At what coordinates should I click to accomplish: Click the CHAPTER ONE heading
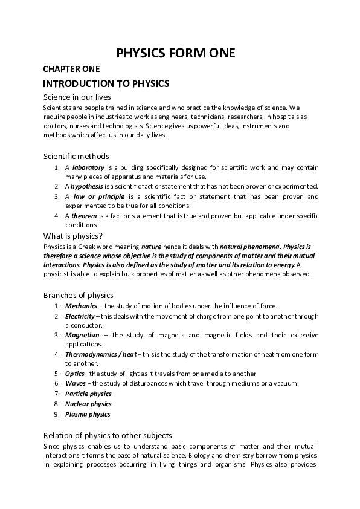coord(71,70)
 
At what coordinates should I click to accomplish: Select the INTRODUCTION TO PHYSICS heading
coord(106,83)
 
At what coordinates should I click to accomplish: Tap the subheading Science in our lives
coord(76,97)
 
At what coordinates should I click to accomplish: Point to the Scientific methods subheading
coord(76,156)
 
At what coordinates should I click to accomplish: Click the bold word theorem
coord(84,215)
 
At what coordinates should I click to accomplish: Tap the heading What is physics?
coord(73,235)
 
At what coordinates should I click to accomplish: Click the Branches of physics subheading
coord(79,295)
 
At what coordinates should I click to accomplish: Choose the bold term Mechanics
coord(81,306)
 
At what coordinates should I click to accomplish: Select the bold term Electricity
coord(80,316)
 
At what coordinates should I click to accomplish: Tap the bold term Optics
coord(75,374)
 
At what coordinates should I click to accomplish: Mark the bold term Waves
coord(76,383)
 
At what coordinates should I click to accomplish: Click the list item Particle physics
coord(88,394)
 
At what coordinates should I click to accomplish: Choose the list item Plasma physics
coord(88,414)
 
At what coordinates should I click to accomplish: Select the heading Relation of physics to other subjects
coord(108,435)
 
